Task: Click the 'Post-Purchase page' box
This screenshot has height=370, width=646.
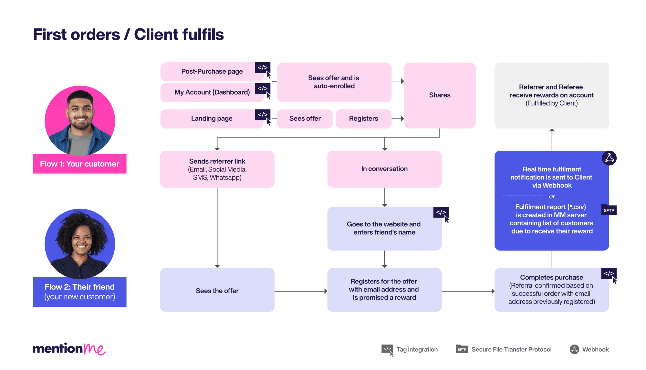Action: [x=212, y=72]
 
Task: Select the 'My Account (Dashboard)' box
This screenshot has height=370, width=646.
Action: [x=212, y=93]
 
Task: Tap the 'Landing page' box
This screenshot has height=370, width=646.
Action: [x=212, y=119]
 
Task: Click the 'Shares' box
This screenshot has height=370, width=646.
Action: [x=440, y=95]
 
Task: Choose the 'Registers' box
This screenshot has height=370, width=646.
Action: [x=363, y=119]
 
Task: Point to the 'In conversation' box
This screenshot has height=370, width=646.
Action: [x=384, y=169]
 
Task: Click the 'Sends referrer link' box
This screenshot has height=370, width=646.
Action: [x=217, y=169]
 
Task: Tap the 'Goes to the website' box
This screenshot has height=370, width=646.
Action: [x=384, y=229]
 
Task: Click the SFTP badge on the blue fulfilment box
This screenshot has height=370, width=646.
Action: [x=609, y=210]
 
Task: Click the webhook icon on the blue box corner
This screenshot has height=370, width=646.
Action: [x=609, y=158]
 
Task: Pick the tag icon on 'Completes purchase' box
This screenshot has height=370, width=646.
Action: [x=609, y=274]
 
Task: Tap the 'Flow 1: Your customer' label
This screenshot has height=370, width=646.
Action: [x=79, y=164]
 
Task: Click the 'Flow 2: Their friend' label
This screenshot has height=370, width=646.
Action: [x=79, y=292]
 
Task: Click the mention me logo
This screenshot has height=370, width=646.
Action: [x=69, y=349]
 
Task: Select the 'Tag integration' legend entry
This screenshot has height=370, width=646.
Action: [x=410, y=349]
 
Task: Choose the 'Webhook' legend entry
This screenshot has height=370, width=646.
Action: [x=589, y=349]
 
